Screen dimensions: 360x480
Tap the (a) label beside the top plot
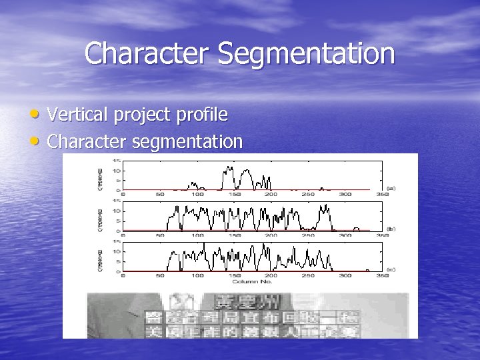pos(391,189)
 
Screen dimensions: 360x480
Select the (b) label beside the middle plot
pos(391,229)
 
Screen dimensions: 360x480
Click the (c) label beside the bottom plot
pos(391,270)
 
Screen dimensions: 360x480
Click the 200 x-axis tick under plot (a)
pos(270,195)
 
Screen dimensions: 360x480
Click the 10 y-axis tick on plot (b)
pos(116,211)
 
